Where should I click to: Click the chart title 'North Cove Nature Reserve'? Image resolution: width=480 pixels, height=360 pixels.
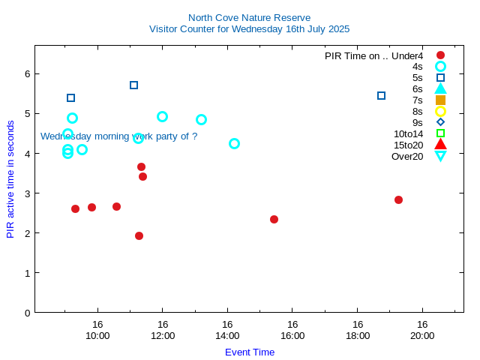(249, 17)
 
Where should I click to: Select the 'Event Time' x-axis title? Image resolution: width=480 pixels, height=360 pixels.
(249, 352)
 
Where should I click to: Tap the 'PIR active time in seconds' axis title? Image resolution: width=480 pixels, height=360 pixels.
(10, 178)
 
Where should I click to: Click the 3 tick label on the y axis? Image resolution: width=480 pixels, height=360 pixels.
(26, 193)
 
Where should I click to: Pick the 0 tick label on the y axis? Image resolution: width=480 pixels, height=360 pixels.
(26, 313)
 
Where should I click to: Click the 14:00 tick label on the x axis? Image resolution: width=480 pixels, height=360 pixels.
(227, 335)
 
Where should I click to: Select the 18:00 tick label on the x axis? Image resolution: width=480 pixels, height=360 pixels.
(357, 335)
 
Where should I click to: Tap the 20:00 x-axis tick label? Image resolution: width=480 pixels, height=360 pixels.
(422, 335)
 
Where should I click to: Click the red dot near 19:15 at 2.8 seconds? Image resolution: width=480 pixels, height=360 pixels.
(398, 199)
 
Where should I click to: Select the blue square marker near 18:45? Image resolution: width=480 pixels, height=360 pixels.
(381, 95)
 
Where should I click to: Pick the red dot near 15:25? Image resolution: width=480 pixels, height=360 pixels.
(274, 219)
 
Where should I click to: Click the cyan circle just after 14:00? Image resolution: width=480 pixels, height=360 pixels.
(234, 143)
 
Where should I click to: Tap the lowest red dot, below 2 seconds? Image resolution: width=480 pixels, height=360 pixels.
(139, 235)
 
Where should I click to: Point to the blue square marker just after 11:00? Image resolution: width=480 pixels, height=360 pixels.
(133, 85)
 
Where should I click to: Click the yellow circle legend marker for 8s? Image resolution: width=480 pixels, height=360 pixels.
(440, 111)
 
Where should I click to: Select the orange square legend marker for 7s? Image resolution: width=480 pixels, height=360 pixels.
(440, 100)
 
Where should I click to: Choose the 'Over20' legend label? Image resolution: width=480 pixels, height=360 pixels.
(407, 156)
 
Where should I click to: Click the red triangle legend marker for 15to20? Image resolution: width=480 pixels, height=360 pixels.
(440, 145)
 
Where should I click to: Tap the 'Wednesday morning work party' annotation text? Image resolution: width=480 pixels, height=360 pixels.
(118, 136)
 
